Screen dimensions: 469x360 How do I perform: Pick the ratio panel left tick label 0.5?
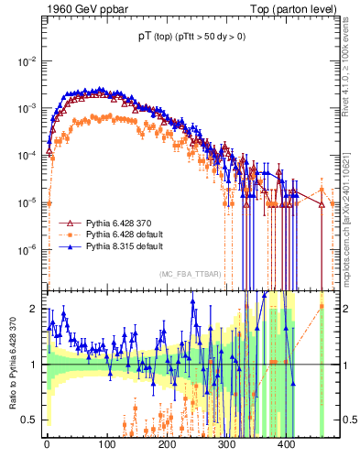click(x=30, y=420)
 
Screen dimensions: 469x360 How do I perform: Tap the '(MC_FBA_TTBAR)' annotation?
click(x=190, y=275)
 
